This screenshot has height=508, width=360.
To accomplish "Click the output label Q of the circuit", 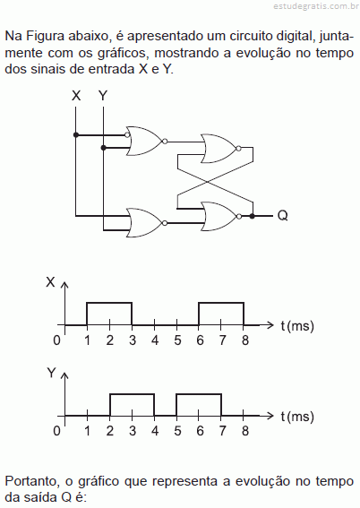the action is coord(283,215).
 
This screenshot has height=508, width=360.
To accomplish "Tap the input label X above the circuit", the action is coord(76,96).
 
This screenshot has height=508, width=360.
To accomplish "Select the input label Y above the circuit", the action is coord(103,96).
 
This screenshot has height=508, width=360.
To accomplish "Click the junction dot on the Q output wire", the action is coord(253,216).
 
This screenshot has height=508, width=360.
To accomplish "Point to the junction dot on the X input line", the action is coord(76,134).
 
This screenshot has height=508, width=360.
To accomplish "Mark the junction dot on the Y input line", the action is coord(103,148).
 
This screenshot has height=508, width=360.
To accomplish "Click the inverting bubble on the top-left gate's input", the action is coord(127,134).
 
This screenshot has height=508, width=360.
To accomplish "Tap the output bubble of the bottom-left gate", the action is coord(165,223).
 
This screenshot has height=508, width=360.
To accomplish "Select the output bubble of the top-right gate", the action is coord(238,149).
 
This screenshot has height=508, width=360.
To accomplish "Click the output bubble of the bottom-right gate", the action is coord(239,217).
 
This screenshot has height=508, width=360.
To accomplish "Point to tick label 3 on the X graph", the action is coord(133,340).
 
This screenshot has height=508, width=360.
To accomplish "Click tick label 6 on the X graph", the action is coord(200,340).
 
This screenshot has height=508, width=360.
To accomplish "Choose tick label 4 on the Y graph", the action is coord(155,431).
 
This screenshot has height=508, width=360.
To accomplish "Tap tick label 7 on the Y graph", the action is coord(222,431).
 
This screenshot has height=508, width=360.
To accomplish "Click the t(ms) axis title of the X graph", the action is coord(297,326).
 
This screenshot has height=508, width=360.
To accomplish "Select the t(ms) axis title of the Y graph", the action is coord(297,417).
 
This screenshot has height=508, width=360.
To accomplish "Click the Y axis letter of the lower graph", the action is coord(52,373).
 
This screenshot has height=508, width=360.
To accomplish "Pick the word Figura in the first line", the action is coord(46,37).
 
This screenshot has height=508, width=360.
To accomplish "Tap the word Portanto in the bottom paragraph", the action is coord(32,481).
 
